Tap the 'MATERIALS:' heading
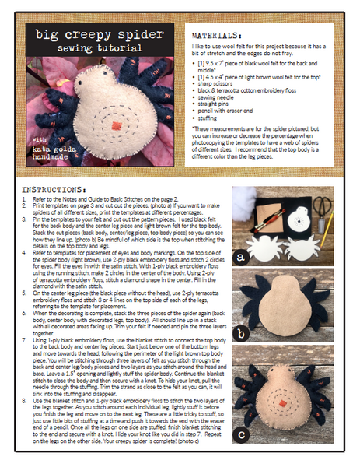(218, 35)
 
